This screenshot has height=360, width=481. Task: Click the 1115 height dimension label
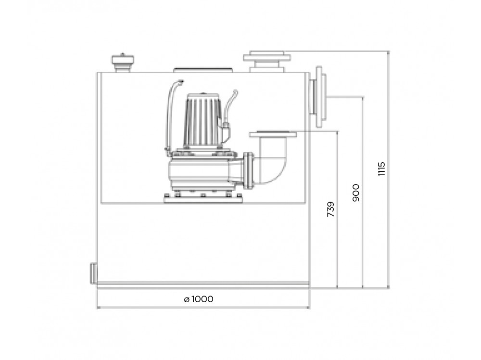pos(381,169)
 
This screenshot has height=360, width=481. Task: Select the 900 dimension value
pos(356,193)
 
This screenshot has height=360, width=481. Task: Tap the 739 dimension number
pos(331,209)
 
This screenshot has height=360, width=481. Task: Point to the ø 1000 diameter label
pos(199,299)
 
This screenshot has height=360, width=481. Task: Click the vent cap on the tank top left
pos(123,63)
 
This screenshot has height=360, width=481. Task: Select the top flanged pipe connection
pos(267,62)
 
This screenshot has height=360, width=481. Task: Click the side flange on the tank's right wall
pos(318,97)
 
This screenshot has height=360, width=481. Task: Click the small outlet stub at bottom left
pos(93,273)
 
